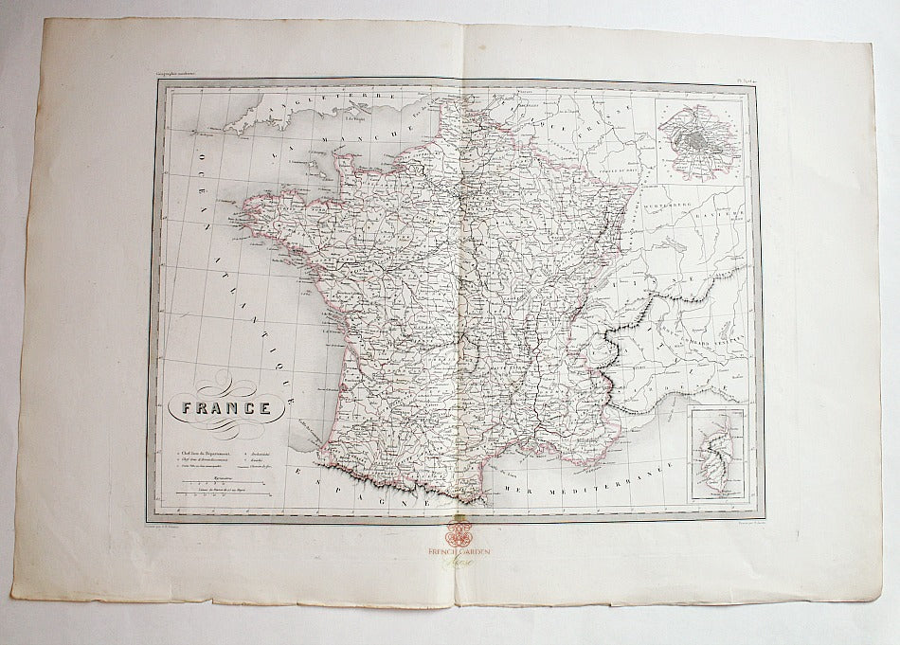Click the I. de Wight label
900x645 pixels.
[356, 120]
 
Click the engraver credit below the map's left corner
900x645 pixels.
[168, 518]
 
